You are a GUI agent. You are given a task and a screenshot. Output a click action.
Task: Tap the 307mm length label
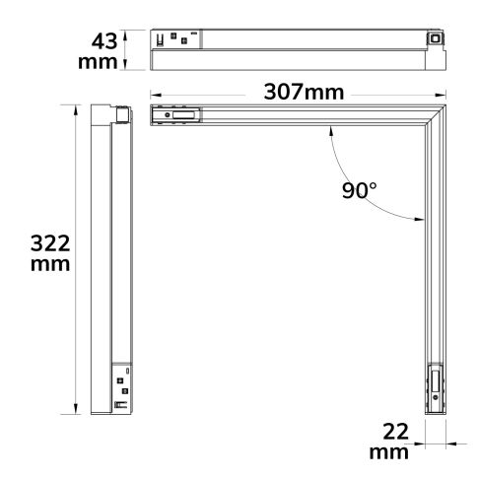[x=303, y=93]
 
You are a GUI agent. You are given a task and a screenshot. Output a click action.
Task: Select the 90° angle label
[x=360, y=190]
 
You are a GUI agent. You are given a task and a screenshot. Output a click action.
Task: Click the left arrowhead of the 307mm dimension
[x=155, y=94]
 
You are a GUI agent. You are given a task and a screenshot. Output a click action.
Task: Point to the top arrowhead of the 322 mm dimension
[x=75, y=105]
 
